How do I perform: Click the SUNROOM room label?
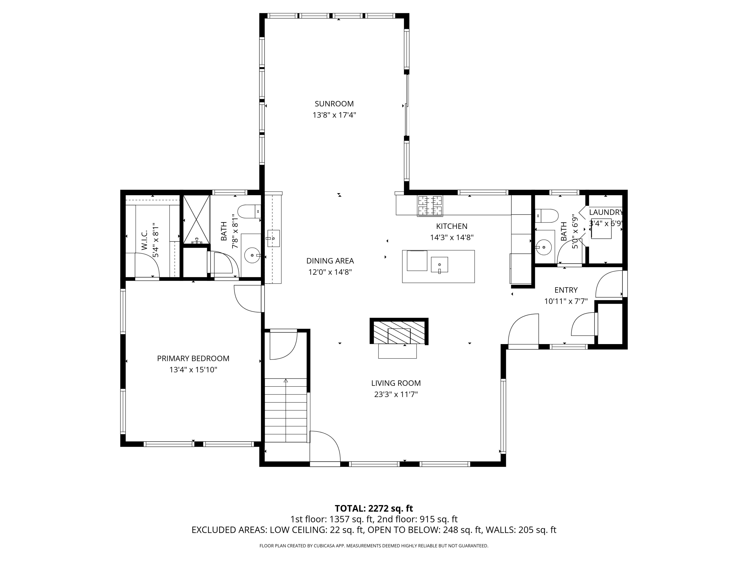coord(334,104)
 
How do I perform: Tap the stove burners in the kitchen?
coord(430,206)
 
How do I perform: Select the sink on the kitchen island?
coord(439,265)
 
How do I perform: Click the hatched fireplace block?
coord(399,331)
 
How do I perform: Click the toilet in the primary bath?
coord(249,212)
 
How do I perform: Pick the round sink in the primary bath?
coord(252,255)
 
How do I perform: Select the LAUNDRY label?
coord(606,212)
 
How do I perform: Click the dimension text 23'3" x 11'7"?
coord(396,394)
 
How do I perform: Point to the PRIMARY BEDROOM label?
coord(193,359)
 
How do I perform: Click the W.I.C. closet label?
coord(144,240)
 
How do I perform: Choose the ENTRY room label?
coord(566,290)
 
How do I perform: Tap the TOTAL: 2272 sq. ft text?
coord(374,508)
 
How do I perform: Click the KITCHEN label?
coord(452,226)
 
